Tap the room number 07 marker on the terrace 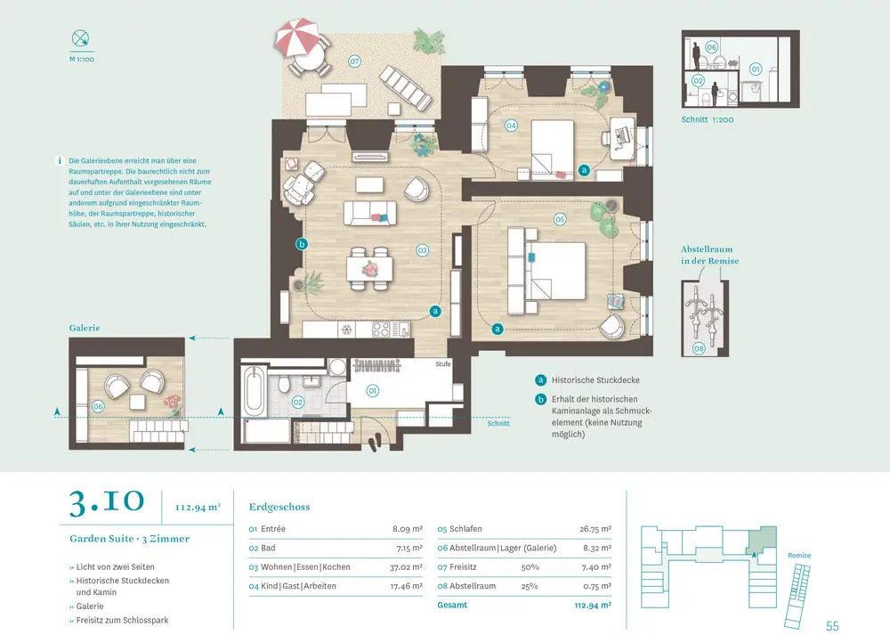354,61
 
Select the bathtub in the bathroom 254,392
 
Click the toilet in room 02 283,385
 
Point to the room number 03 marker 423,250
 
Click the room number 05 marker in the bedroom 560,218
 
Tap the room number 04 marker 511,126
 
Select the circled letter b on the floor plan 301,244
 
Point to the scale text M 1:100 82,61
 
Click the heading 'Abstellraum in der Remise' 709,255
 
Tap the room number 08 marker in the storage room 699,348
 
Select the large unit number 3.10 105,504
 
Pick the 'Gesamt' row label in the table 451,606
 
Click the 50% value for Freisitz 530,566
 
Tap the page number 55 832,625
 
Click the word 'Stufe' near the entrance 443,364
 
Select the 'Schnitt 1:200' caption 708,118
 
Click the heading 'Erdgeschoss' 279,507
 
